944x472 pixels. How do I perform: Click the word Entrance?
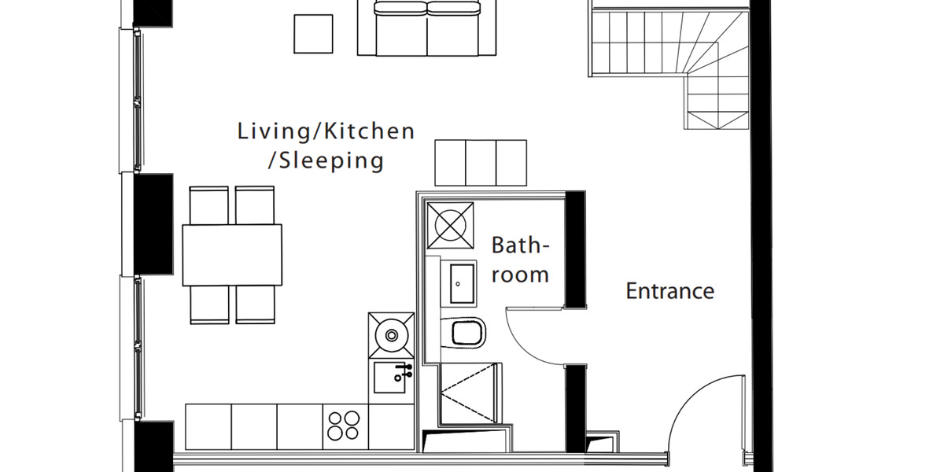(669, 291)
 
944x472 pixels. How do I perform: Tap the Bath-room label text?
(520, 260)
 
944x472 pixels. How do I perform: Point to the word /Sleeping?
(326, 161)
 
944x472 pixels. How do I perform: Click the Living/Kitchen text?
(326, 131)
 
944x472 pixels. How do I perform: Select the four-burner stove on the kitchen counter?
(345, 426)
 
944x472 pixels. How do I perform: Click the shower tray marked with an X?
(470, 393)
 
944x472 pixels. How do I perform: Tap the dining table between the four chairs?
(232, 255)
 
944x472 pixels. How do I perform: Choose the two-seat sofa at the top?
(427, 28)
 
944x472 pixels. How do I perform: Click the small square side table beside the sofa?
(313, 33)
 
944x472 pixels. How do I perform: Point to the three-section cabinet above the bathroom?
(481, 162)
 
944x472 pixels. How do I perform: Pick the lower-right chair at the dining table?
(255, 304)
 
